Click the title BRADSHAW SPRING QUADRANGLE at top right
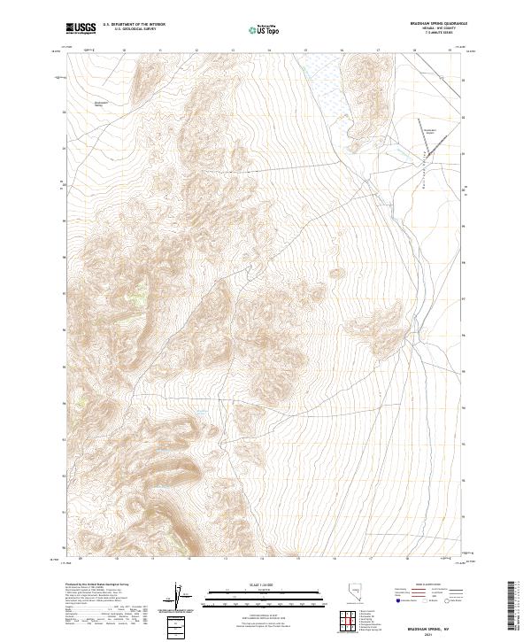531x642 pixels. (x=420, y=24)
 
